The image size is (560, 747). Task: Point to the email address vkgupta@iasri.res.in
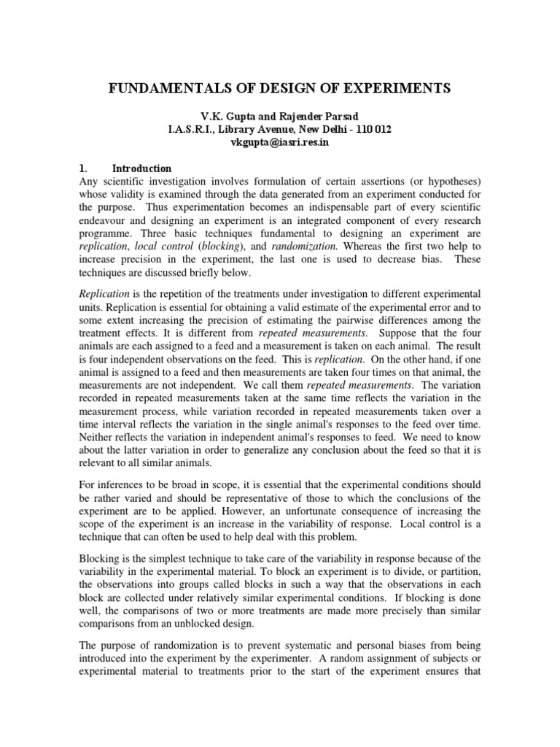[x=279, y=142]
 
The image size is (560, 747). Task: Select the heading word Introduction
[x=141, y=169]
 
